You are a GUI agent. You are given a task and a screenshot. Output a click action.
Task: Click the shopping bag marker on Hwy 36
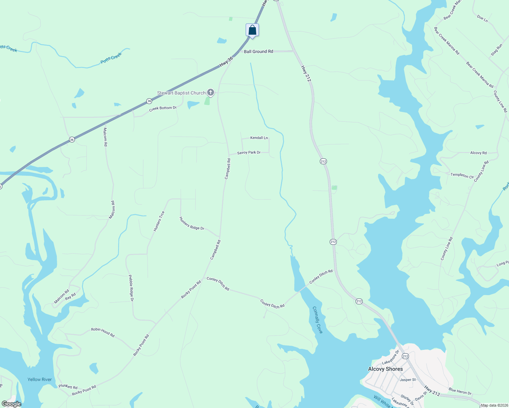click(252, 30)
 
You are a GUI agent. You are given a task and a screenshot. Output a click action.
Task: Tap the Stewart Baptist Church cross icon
click(211, 92)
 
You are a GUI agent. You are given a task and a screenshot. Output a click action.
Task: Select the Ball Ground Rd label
click(258, 52)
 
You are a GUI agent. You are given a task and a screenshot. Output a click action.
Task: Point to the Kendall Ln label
click(259, 138)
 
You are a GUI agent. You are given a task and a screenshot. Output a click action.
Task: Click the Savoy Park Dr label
click(249, 153)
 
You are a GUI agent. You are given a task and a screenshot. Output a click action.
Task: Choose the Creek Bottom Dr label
click(163, 108)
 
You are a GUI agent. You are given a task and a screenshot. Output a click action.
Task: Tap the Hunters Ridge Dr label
click(192, 223)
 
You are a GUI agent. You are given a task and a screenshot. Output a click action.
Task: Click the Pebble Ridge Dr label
click(131, 288)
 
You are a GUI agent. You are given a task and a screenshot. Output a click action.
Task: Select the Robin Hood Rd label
click(103, 332)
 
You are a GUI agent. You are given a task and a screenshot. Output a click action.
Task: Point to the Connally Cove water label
click(317, 320)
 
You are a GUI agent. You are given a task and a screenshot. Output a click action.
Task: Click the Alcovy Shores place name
click(385, 369)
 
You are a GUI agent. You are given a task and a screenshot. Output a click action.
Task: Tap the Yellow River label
click(39, 379)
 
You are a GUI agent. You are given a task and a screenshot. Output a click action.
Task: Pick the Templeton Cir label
click(462, 175)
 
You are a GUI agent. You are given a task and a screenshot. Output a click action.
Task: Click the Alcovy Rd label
click(478, 153)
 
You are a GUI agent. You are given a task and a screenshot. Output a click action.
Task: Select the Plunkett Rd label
click(68, 387)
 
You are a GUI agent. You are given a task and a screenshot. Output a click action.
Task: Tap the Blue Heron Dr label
click(460, 392)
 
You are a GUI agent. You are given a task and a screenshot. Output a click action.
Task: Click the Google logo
click(11, 404)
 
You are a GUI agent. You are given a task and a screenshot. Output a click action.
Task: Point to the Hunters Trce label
click(159, 221)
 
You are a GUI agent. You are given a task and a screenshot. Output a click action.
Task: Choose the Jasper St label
click(408, 380)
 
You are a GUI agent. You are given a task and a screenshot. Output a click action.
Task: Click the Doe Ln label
click(482, 18)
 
